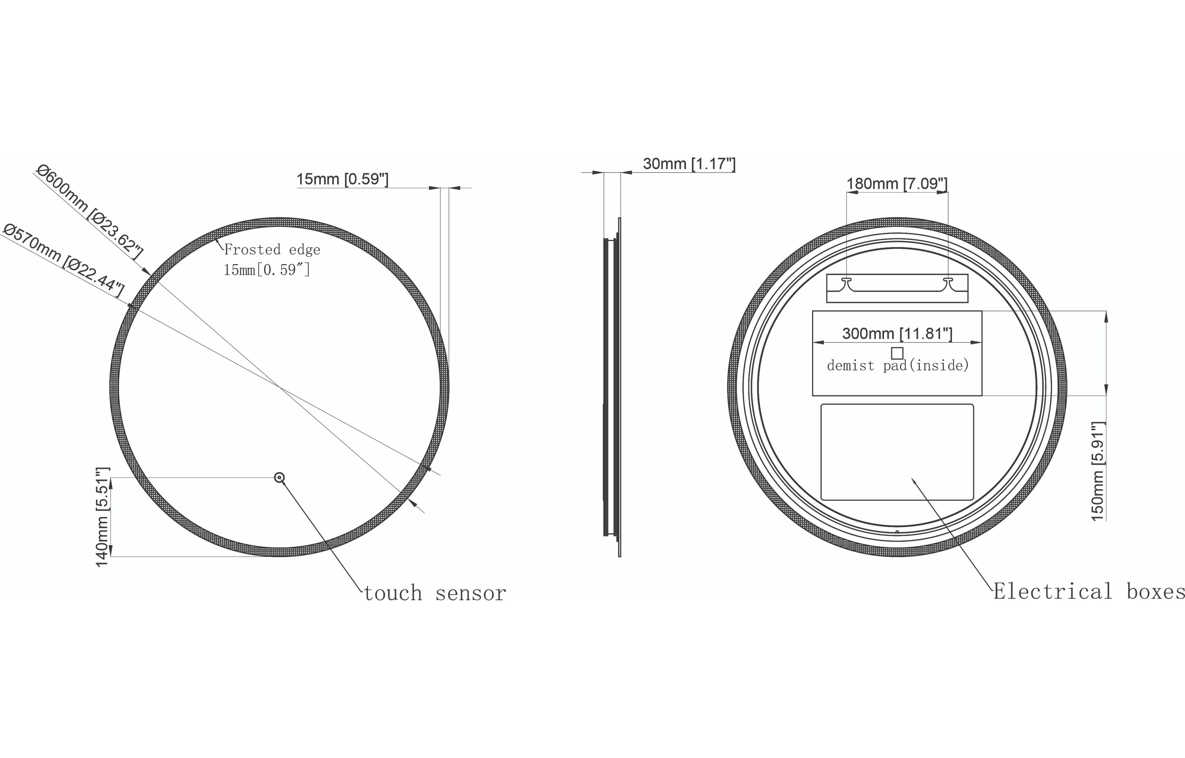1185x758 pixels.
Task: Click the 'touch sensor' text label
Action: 435,593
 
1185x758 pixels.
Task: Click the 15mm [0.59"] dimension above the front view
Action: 342,179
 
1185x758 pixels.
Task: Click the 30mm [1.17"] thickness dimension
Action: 688,164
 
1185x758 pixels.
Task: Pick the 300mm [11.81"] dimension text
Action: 897,334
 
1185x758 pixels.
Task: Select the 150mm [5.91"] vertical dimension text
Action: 1098,471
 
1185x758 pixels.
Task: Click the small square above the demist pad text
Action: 897,353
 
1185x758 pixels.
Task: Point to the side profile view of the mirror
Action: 613,387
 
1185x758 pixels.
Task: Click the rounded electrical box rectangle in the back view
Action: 897,452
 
